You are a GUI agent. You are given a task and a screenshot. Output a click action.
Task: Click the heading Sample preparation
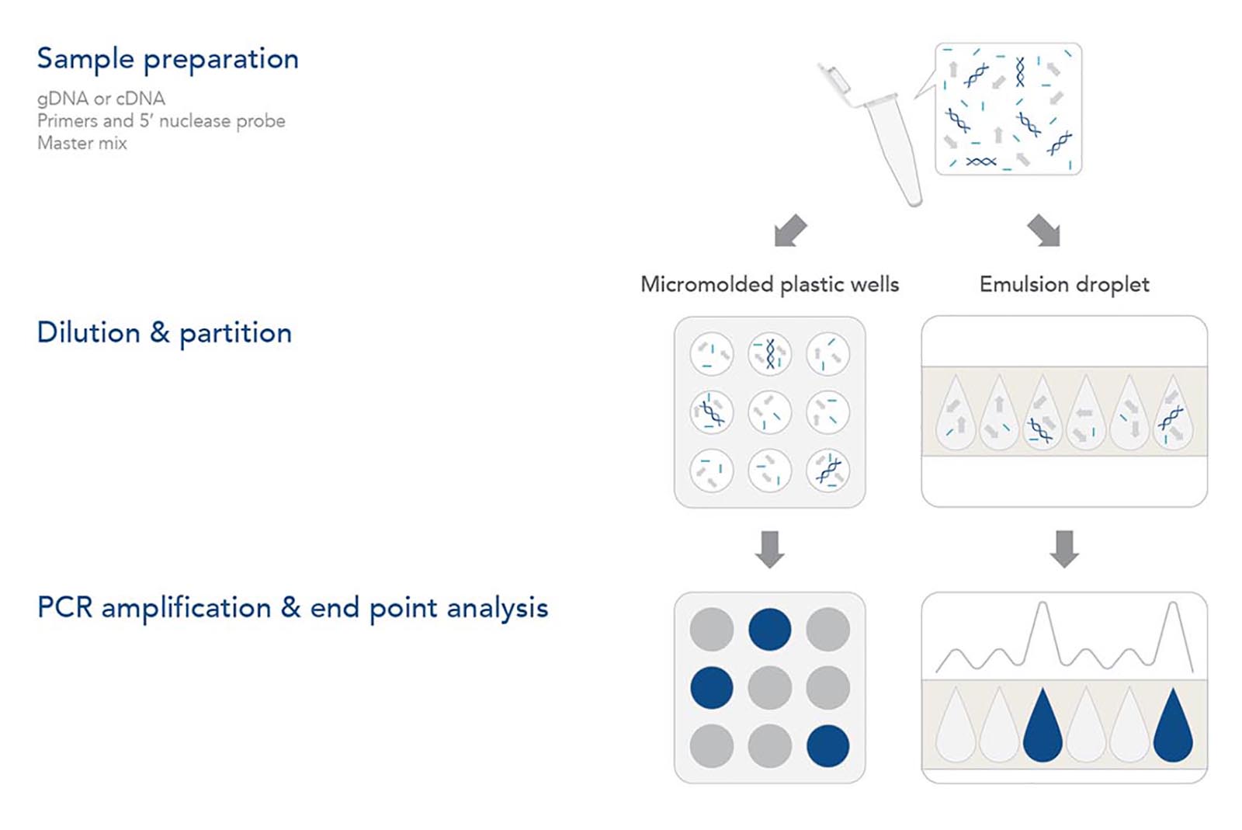[168, 59]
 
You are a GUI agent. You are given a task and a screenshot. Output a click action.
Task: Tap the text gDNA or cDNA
[101, 99]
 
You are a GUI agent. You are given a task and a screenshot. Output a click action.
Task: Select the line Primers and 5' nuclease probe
[161, 121]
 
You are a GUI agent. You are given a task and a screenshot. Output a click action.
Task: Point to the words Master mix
[82, 143]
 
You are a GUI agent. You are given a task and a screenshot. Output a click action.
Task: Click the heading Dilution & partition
[164, 333]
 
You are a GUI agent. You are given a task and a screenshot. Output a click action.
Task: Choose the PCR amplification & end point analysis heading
[293, 608]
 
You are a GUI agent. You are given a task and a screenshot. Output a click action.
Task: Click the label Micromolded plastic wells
[769, 284]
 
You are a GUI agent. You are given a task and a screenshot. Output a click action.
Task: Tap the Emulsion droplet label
[1064, 284]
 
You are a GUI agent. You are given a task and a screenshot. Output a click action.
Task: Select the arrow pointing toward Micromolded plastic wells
[790, 231]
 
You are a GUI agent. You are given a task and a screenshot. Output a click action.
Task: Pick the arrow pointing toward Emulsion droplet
[1044, 231]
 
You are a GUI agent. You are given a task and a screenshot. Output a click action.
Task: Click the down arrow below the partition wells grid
[769, 550]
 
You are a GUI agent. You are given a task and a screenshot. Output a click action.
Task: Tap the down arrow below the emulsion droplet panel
[1064, 550]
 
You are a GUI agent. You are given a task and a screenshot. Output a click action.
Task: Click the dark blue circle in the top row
[769, 629]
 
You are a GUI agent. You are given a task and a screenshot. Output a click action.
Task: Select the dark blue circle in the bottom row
[827, 745]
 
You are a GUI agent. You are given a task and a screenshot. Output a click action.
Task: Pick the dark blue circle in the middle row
[711, 687]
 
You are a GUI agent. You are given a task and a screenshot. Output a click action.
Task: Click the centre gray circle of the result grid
[769, 687]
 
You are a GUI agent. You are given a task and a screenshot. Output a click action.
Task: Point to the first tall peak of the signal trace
[1043, 604]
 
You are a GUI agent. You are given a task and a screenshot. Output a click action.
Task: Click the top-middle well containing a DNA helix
[769, 354]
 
